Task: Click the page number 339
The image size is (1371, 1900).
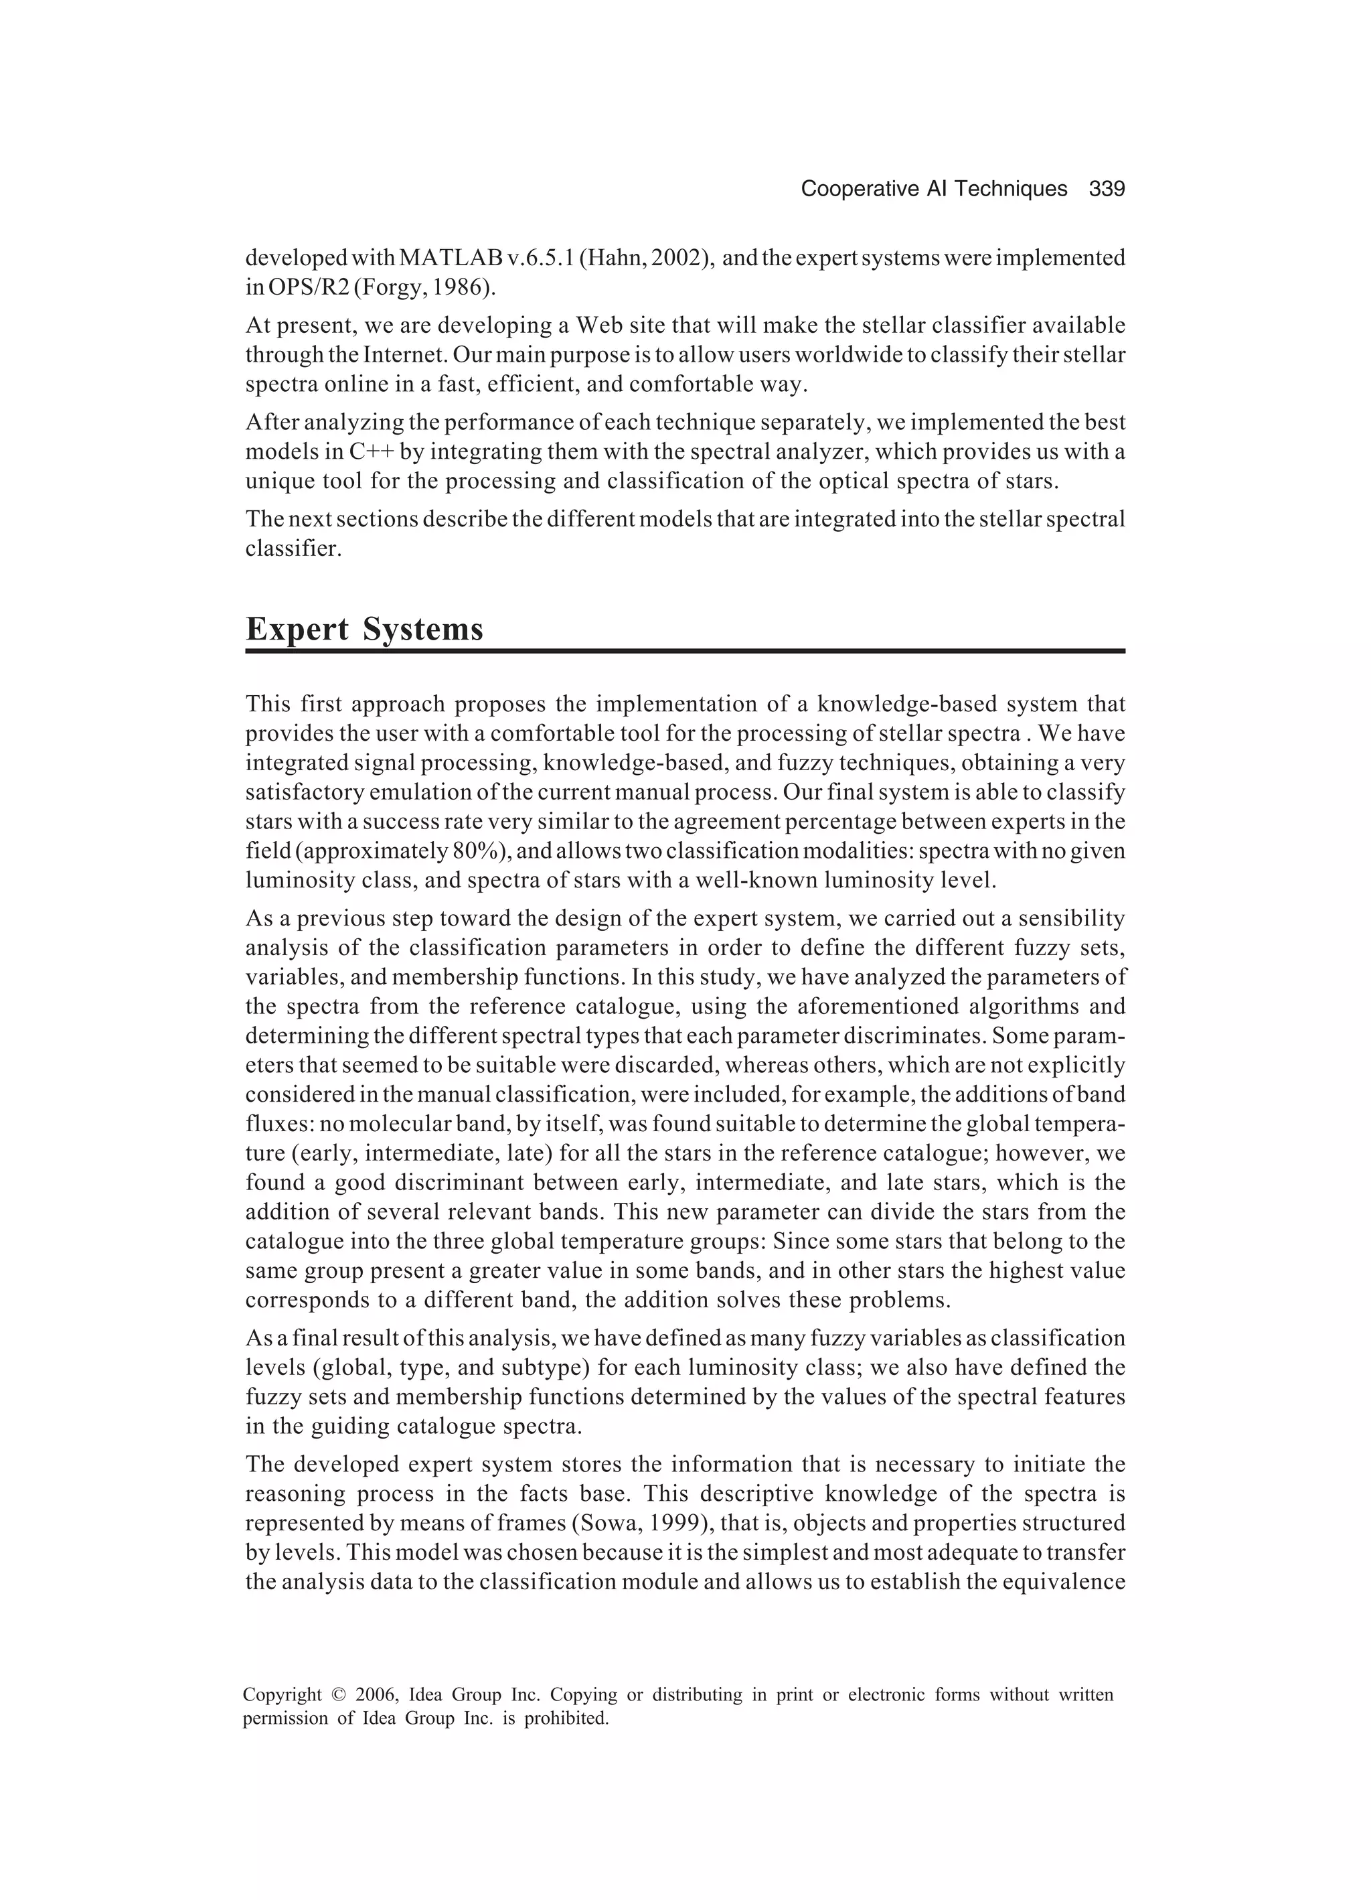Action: coord(1107,190)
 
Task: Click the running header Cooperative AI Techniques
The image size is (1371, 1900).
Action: coord(934,190)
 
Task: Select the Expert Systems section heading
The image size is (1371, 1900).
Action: coord(364,629)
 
